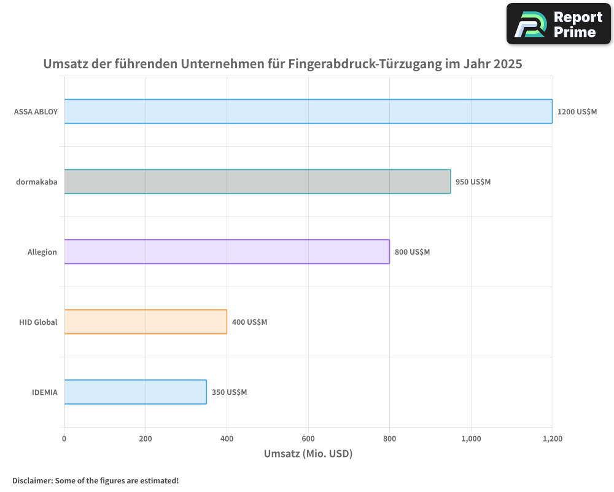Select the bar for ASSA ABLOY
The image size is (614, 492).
(x=308, y=111)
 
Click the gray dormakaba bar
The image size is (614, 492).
(x=257, y=181)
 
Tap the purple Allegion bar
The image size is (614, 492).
(x=227, y=252)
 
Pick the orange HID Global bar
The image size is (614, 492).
(x=146, y=322)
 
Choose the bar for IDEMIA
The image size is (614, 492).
(x=135, y=392)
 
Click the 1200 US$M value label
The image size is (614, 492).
(x=577, y=112)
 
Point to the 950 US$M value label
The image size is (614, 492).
(x=473, y=182)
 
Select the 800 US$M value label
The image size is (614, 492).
(x=412, y=252)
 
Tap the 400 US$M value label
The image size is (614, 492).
(x=249, y=322)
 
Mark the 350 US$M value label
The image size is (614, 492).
(x=229, y=392)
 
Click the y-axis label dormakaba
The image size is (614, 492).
(x=37, y=182)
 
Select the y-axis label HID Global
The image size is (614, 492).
(x=38, y=322)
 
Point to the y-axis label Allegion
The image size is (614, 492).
(x=42, y=252)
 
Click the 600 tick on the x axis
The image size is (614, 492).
(x=308, y=438)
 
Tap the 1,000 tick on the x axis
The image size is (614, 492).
(x=471, y=438)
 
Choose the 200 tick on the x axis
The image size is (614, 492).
(x=146, y=438)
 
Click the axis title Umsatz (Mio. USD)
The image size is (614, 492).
(x=308, y=454)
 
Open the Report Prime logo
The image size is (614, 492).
(x=559, y=24)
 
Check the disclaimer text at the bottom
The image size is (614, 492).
(x=96, y=480)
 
